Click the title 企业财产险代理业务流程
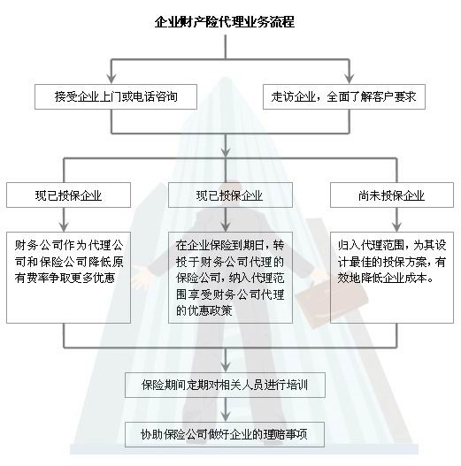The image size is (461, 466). tap(225, 22)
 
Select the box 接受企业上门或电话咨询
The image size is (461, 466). tap(116, 96)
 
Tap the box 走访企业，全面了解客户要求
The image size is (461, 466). tap(344, 96)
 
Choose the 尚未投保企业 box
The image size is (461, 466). tap(392, 195)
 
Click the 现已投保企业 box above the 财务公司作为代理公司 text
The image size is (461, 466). tap(68, 195)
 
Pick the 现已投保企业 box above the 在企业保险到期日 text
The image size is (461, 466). tap(230, 195)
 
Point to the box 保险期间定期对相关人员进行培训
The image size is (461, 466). tap(225, 385)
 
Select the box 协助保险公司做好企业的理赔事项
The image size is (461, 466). tap(225, 434)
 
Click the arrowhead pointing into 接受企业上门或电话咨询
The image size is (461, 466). tap(111, 79)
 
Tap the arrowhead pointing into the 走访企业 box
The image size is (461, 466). tap(350, 79)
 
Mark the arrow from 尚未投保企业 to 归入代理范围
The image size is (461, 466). tap(396, 219)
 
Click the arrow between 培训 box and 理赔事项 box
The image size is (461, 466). tap(226, 409)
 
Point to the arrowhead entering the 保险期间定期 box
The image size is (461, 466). tap(226, 367)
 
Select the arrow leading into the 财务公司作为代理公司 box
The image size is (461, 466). tap(64, 219)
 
